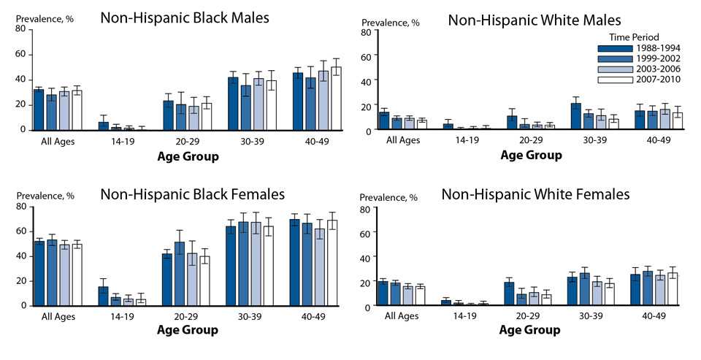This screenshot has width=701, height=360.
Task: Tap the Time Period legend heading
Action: coord(635,37)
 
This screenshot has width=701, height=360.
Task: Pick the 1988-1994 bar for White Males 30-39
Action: coord(575,116)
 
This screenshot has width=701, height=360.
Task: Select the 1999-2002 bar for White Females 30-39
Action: coord(585,289)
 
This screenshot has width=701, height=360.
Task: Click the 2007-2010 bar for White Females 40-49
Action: coord(673,289)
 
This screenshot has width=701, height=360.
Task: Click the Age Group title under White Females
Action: coord(530,330)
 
